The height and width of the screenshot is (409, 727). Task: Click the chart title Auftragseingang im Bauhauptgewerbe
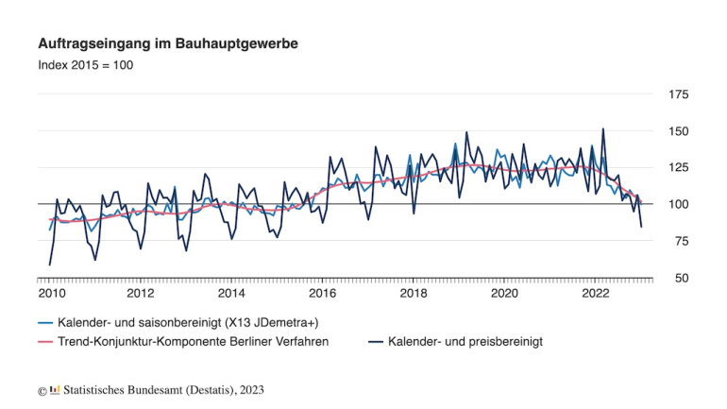tap(168, 44)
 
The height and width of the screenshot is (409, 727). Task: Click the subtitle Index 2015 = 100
tap(85, 65)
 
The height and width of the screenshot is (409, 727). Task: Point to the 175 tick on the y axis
tap(678, 95)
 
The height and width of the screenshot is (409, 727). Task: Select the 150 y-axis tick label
tap(678, 131)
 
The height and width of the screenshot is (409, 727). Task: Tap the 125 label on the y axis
tap(678, 168)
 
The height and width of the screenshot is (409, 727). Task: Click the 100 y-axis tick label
tap(678, 204)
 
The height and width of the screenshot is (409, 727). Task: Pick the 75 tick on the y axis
tap(678, 241)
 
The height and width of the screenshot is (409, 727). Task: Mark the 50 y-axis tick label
tap(678, 278)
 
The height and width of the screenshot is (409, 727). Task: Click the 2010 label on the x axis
tap(51, 294)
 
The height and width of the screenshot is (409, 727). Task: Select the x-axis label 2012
tap(141, 294)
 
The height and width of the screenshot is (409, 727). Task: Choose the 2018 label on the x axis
tap(414, 294)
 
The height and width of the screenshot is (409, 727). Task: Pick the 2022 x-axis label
tap(596, 294)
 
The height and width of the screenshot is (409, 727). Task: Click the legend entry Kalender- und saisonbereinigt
tap(189, 321)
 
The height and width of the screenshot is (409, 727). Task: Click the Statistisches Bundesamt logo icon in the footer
tap(55, 389)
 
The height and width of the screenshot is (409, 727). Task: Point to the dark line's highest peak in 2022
tap(603, 129)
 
